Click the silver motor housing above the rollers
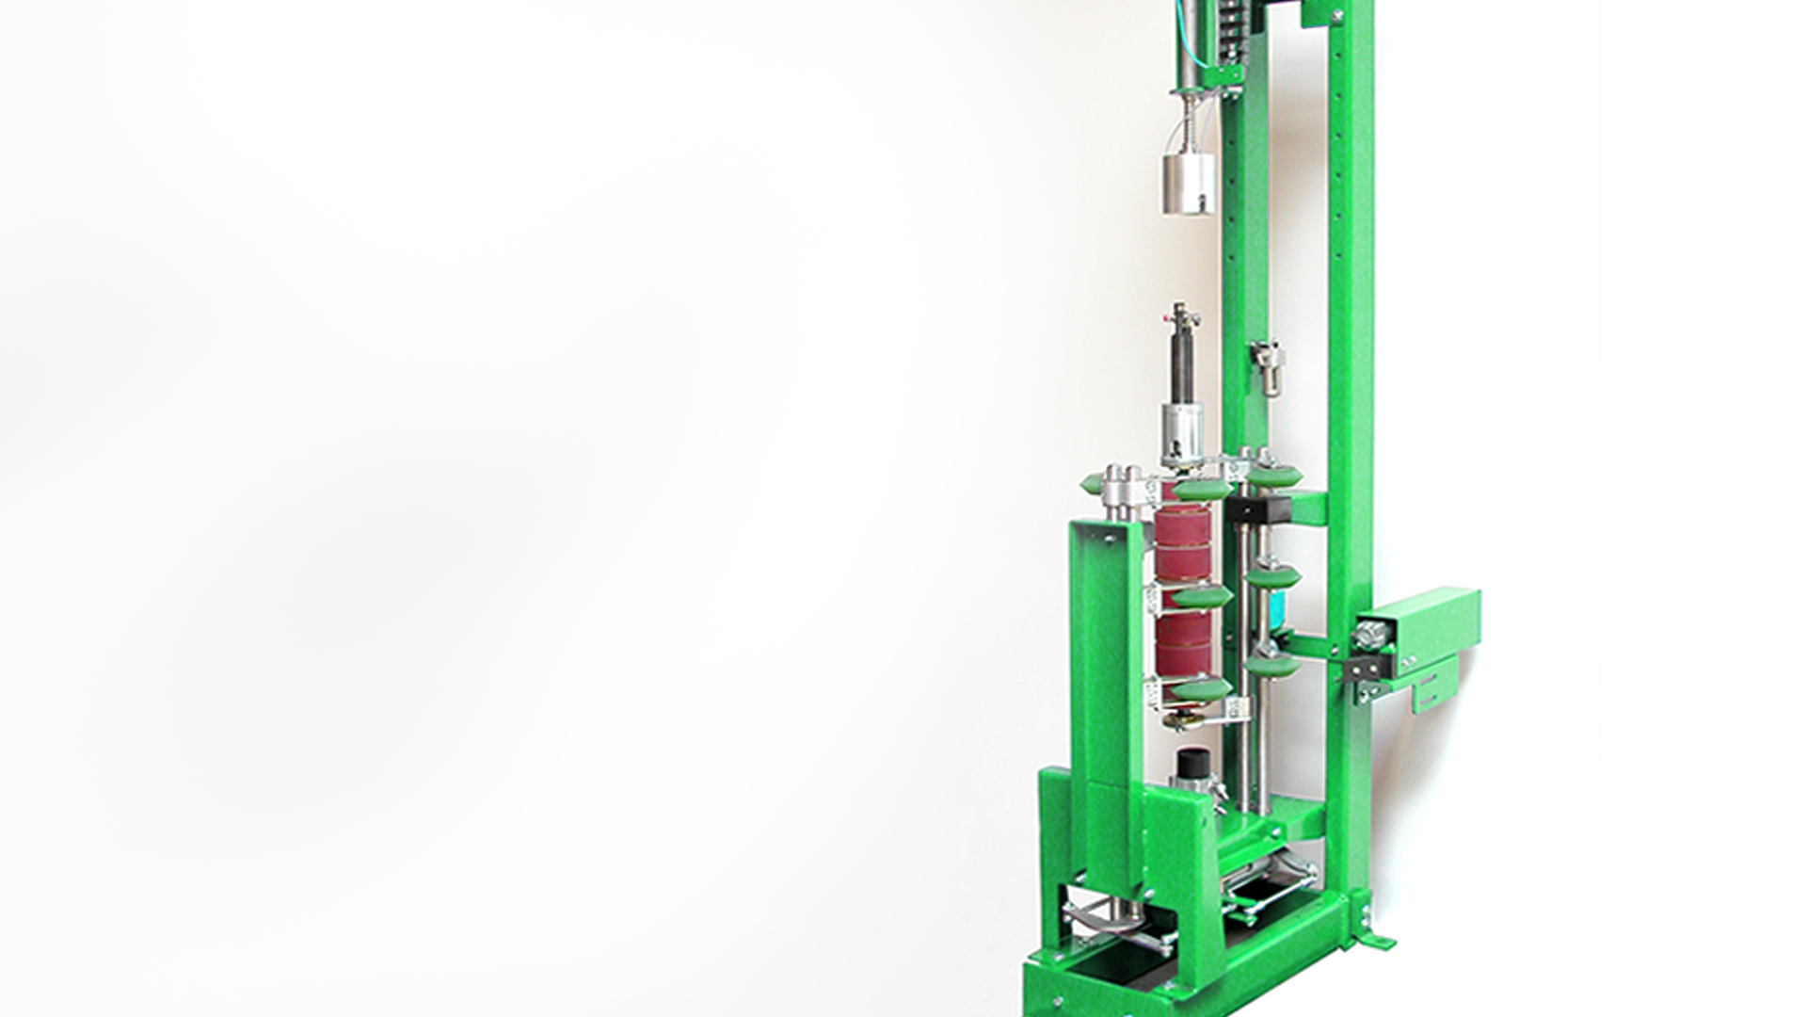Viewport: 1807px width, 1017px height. tap(1183, 435)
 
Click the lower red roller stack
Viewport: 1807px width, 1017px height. tap(1183, 645)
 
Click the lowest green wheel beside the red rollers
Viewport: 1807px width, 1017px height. tap(1199, 689)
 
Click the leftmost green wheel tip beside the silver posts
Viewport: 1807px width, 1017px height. tap(1090, 485)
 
